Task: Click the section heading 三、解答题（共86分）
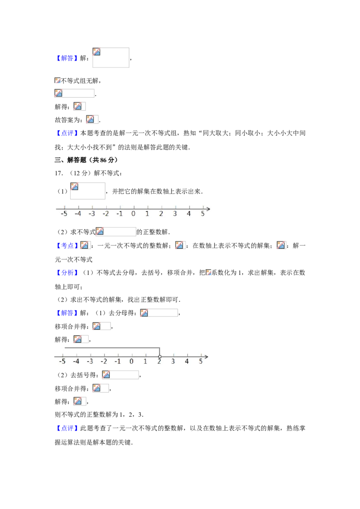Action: pos(86,160)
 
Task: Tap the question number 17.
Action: pos(59,174)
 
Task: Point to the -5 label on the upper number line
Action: pos(64,214)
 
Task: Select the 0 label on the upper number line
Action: pos(133,214)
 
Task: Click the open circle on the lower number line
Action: pos(160,357)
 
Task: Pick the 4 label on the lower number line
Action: pos(187,362)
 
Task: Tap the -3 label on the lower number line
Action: pos(90,362)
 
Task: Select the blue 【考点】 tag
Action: pos(67,246)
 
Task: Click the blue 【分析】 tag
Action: pos(67,272)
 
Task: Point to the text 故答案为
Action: pos(68,120)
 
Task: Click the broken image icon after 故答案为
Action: pos(90,120)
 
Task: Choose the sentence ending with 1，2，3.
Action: pos(99,415)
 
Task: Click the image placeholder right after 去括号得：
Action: pos(106,375)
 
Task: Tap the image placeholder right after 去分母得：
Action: pos(144,313)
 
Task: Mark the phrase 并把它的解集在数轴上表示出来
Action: pos(157,192)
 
